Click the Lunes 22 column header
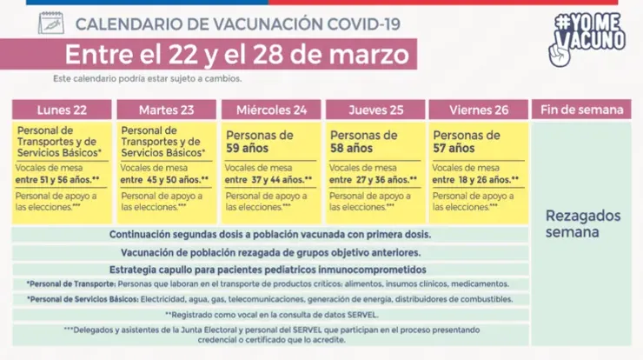point(62,110)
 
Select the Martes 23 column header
point(166,110)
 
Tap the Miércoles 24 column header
point(270,110)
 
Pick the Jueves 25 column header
point(374,110)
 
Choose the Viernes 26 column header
point(477,110)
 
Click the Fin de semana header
point(581,110)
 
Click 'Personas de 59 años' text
point(258,142)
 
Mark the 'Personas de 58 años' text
point(362,142)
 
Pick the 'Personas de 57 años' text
point(466,142)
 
